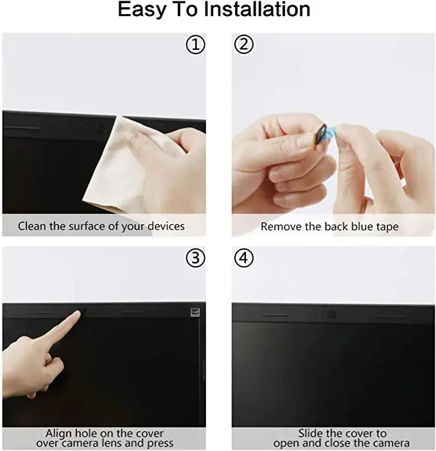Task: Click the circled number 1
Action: (x=195, y=45)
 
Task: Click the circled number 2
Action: (x=244, y=44)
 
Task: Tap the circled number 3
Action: (x=195, y=258)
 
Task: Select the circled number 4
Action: (x=244, y=258)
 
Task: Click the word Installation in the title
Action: (x=257, y=9)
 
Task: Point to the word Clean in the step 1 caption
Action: (x=32, y=226)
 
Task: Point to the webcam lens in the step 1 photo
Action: (x=101, y=128)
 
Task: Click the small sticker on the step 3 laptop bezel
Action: (x=195, y=312)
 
